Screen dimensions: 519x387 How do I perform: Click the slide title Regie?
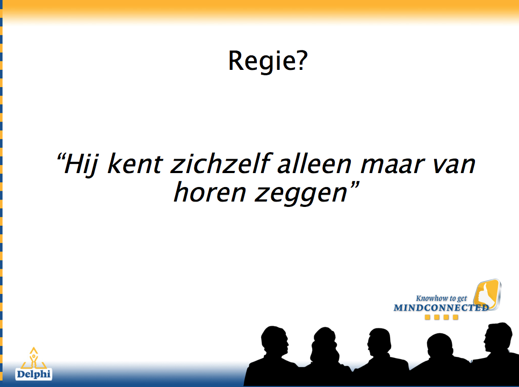(x=268, y=61)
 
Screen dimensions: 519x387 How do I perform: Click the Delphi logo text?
(x=34, y=374)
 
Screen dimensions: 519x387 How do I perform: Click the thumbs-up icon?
(x=487, y=294)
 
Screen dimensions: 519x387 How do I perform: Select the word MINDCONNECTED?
(x=441, y=307)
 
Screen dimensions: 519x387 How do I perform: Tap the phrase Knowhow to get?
(x=441, y=298)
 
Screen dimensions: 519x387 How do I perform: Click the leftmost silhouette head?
(x=275, y=341)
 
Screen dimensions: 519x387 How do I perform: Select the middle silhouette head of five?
(x=380, y=342)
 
